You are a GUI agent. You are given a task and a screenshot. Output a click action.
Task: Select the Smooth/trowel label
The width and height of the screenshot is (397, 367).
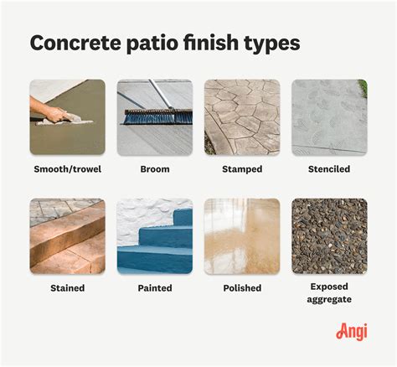coord(67,168)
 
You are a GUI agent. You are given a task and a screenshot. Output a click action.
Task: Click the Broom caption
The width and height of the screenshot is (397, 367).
coord(154,168)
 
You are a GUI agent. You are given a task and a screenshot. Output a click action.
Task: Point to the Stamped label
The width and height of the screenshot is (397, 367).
coord(241,168)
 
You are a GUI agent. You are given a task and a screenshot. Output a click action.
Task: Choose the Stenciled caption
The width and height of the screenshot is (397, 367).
coord(328,168)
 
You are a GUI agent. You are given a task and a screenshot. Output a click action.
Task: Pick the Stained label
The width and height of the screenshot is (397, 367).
coord(67,287)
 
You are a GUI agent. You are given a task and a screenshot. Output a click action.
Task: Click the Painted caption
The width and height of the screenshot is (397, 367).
coord(154,287)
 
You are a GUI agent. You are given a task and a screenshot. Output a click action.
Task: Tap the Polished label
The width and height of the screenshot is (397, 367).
coord(241,287)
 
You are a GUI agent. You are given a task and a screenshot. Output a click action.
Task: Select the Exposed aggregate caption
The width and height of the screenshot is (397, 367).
coord(328,293)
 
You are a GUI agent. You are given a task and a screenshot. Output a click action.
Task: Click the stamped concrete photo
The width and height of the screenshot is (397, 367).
coord(241,117)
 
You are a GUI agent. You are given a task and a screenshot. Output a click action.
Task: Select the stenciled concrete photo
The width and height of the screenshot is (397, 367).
coord(328,117)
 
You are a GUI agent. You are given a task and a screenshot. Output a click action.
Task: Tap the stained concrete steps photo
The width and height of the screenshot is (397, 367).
coord(67,236)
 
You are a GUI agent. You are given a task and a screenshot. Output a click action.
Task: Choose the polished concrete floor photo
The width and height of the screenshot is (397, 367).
coord(241,236)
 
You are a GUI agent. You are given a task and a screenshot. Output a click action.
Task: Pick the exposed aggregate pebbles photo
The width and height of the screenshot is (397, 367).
coord(328,236)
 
